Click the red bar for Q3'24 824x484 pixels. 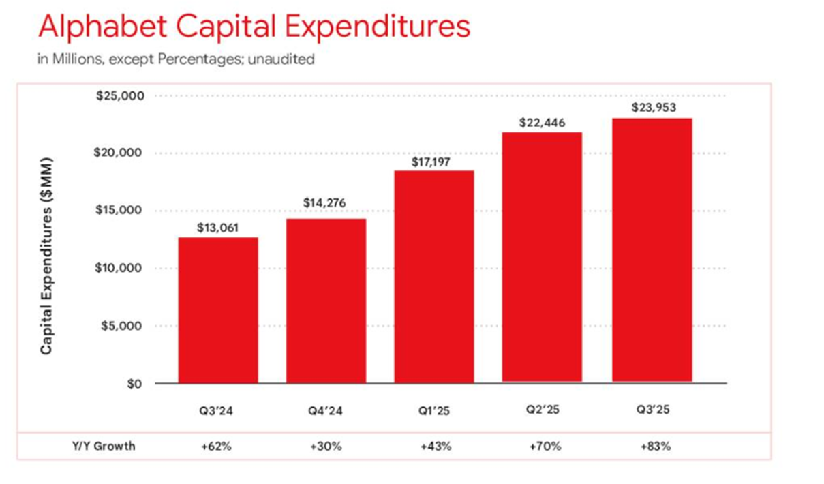[218, 310]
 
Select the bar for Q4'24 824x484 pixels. [326, 301]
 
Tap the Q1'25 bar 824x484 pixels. [434, 276]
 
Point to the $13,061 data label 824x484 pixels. [218, 228]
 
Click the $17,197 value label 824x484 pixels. [433, 162]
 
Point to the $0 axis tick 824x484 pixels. [134, 384]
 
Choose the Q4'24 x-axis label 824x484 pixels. [326, 411]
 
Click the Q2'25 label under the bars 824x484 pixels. [543, 411]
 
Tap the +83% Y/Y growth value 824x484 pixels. [655, 447]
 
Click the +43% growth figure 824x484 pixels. [435, 447]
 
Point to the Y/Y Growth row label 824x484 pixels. [104, 447]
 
